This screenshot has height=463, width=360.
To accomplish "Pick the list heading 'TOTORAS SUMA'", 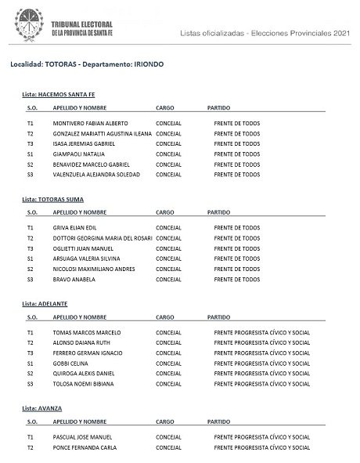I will pyautogui.click(x=56, y=200).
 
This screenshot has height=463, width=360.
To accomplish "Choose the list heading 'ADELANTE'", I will pyautogui.click(x=49, y=302).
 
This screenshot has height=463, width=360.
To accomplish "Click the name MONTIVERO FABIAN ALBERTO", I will pyautogui.click(x=90, y=124).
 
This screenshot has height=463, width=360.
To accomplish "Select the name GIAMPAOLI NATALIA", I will pyautogui.click(x=78, y=154).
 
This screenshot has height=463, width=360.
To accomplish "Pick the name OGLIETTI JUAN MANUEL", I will pyautogui.click(x=84, y=248).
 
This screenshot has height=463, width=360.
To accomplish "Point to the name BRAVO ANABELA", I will pyautogui.click(x=74, y=279).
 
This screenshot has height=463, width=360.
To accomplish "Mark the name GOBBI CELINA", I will pyautogui.click(x=70, y=364).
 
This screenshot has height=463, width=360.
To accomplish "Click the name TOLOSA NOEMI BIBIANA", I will pyautogui.click(x=85, y=384).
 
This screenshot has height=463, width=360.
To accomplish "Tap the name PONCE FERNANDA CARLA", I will pyautogui.click(x=85, y=447).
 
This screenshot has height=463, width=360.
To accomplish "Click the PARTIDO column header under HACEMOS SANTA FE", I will pyautogui.click(x=219, y=107).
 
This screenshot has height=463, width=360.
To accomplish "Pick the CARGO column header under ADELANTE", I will pyautogui.click(x=165, y=317).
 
